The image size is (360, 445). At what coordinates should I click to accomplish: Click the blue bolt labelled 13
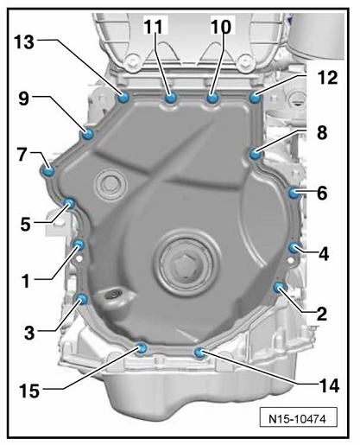(123, 98)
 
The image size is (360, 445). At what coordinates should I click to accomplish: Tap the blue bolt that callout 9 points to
(87, 134)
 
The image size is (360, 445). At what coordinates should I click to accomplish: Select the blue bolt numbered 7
(48, 170)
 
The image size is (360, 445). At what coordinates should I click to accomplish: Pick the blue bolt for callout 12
(255, 97)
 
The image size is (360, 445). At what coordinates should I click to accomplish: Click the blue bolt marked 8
(256, 154)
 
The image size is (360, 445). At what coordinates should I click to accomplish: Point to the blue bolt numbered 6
(294, 193)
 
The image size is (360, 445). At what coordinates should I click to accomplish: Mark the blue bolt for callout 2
(279, 288)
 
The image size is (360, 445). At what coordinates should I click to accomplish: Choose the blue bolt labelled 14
(199, 352)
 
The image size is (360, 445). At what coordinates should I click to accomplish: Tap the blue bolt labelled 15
(142, 348)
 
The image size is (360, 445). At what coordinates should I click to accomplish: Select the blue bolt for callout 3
(81, 300)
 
